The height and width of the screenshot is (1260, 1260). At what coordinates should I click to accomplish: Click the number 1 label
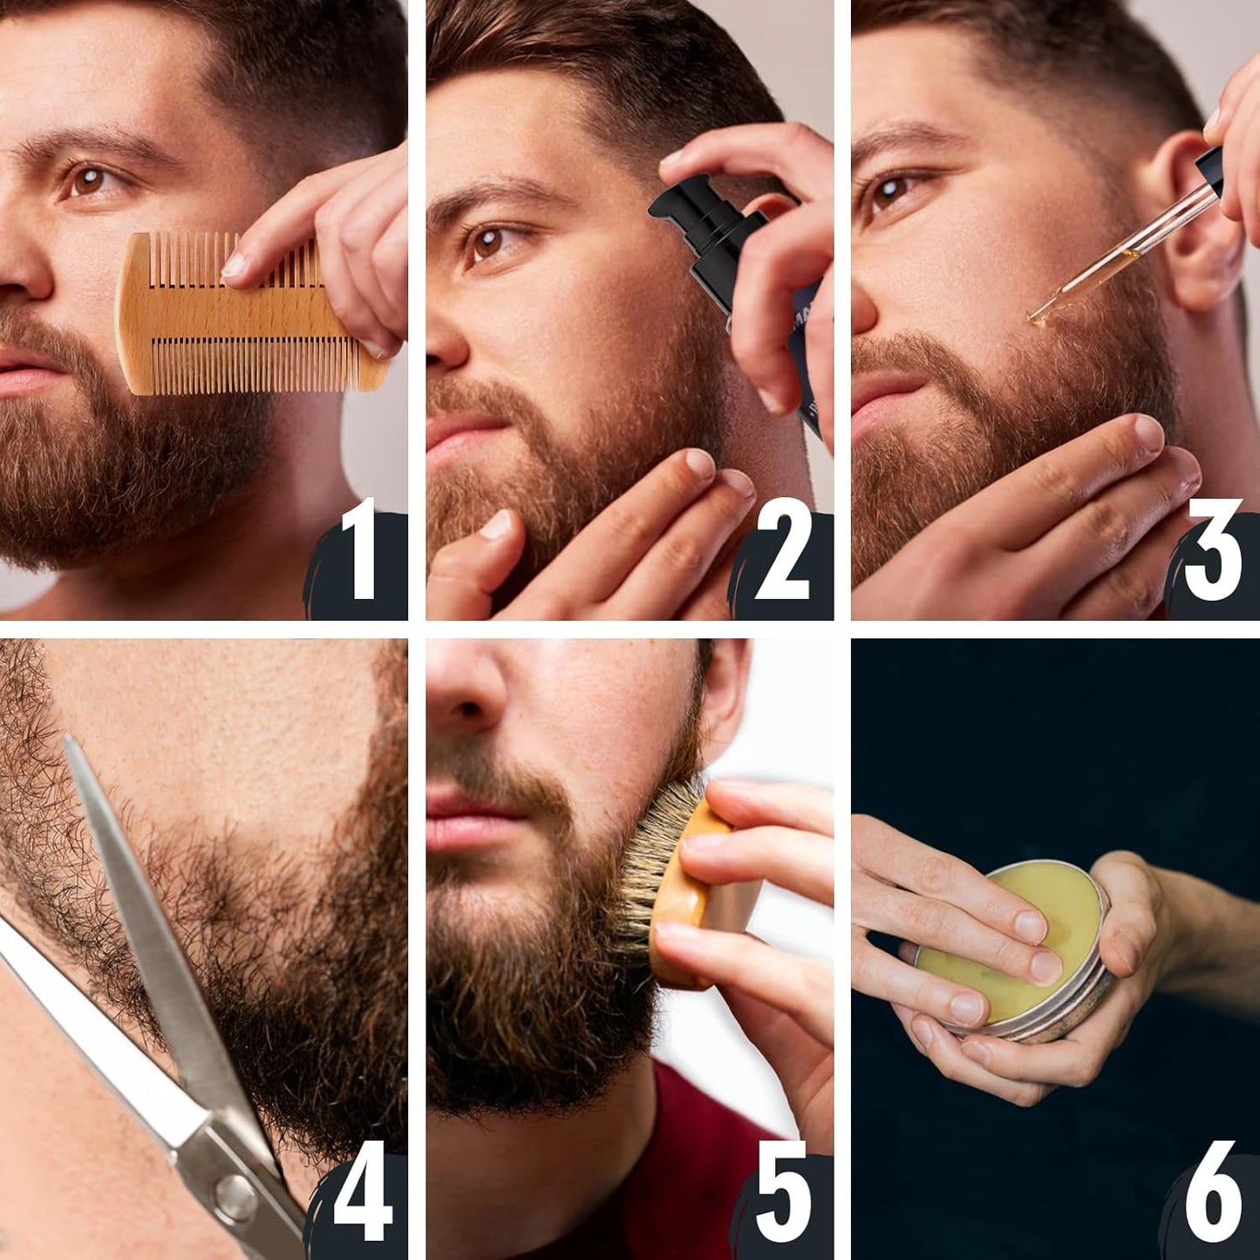[x=358, y=550]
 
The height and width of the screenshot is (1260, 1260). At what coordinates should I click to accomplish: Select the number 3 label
[x=1212, y=551]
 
